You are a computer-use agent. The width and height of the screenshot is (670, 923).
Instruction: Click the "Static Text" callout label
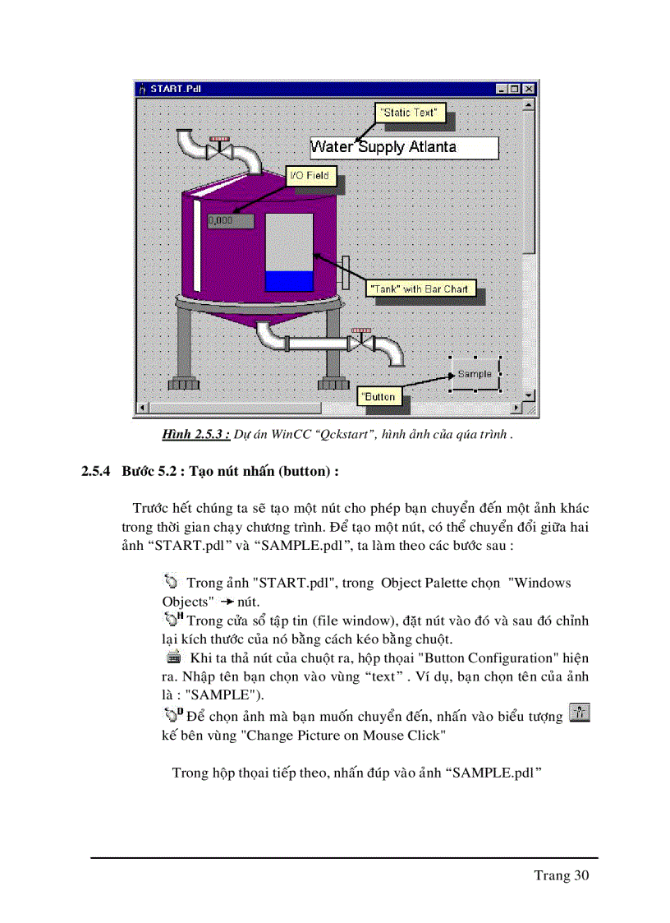pos(411,113)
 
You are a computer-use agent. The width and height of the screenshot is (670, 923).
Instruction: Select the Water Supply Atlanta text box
pos(404,148)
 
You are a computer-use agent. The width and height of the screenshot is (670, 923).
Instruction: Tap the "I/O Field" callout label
pos(309,175)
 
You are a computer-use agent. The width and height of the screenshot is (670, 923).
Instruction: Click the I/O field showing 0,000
pos(230,220)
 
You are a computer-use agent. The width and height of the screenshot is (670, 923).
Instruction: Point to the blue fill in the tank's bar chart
pos(289,280)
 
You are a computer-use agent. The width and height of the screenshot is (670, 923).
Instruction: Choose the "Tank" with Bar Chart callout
pos(419,289)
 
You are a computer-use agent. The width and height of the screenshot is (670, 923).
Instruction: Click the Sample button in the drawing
pos(475,374)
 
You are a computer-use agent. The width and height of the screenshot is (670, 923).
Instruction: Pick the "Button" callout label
pos(379,396)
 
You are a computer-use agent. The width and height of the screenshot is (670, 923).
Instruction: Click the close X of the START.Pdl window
pos(529,89)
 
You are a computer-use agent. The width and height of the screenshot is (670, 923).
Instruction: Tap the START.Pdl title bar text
pos(176,89)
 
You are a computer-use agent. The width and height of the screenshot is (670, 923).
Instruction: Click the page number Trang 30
pos(562,875)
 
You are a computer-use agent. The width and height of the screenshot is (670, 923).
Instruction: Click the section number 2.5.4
pos(97,472)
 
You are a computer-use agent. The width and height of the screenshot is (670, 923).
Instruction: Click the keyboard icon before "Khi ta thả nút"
pos(174,658)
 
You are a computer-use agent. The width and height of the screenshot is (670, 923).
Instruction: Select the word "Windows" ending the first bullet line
pos(539,583)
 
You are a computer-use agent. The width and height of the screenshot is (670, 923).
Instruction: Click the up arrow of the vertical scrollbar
pos(530,104)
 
